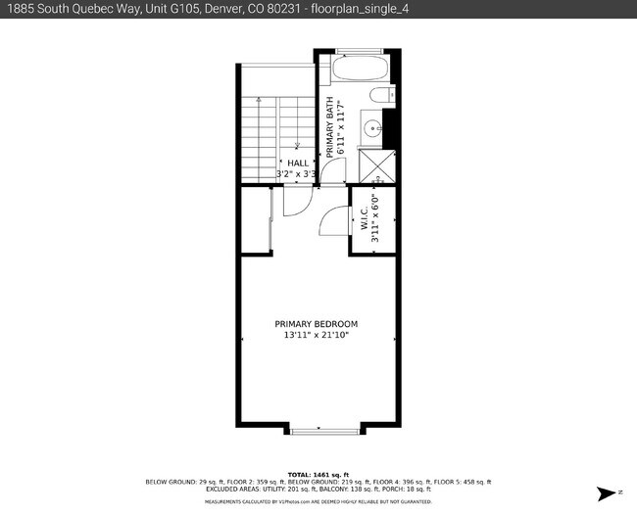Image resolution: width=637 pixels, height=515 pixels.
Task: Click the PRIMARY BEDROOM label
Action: tap(316, 324)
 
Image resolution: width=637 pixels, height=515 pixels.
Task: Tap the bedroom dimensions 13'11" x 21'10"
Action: tap(316, 336)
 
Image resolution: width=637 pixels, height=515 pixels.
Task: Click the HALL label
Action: tap(297, 163)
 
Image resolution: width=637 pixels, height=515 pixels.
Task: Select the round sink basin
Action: tap(372, 126)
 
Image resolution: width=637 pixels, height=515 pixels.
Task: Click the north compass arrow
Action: tap(608, 491)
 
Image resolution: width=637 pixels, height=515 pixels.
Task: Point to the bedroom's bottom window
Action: tap(318, 430)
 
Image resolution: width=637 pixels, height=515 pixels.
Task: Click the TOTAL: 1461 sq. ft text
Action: tap(318, 474)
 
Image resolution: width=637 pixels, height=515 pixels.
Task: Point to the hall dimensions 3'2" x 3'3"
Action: tap(296, 174)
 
